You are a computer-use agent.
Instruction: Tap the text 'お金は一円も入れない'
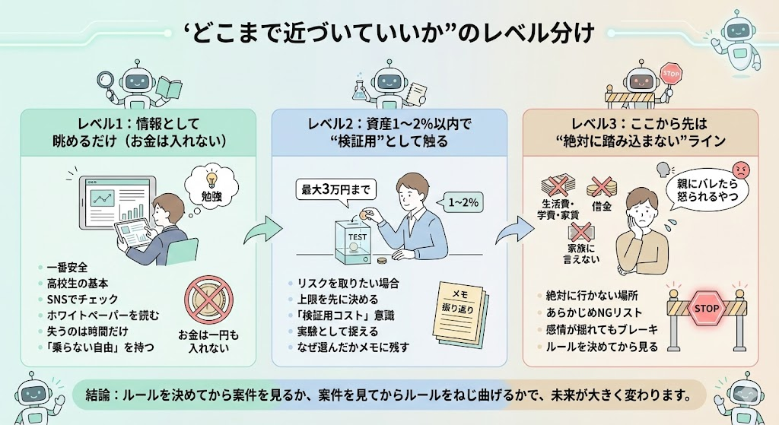coord(208,341)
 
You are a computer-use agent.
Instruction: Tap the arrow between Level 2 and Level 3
coord(514,227)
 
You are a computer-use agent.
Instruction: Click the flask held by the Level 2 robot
coord(357,92)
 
